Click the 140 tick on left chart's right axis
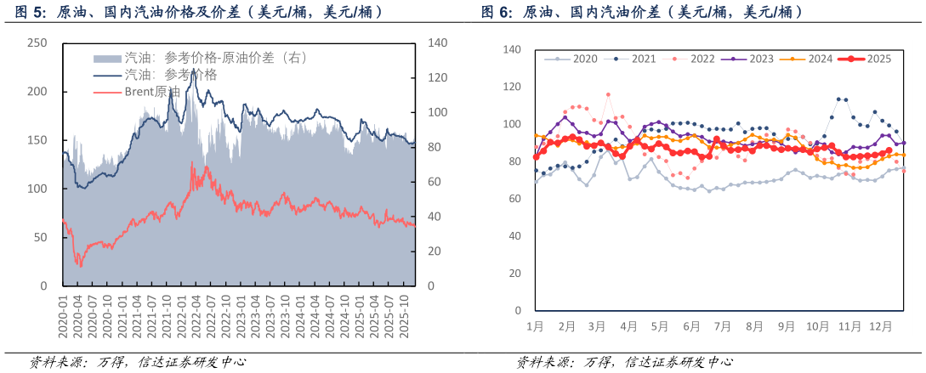pyautogui.click(x=437, y=43)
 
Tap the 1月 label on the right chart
pyautogui.click(x=536, y=326)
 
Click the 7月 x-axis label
pyautogui.click(x=724, y=326)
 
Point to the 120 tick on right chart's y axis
pyautogui.click(x=512, y=87)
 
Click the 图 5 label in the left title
pyautogui.click(x=29, y=12)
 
